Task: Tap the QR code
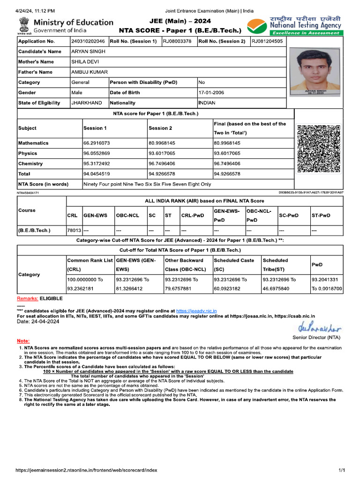coord(319,148)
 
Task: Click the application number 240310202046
coord(88,41)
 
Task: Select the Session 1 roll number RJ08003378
coord(177,41)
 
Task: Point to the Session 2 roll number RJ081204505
coord(267,41)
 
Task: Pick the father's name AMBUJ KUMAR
coord(89,72)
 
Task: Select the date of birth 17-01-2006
coord(211,92)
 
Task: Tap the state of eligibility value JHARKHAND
coord(86,103)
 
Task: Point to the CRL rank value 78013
coord(74,231)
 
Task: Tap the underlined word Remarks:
coord(28,298)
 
